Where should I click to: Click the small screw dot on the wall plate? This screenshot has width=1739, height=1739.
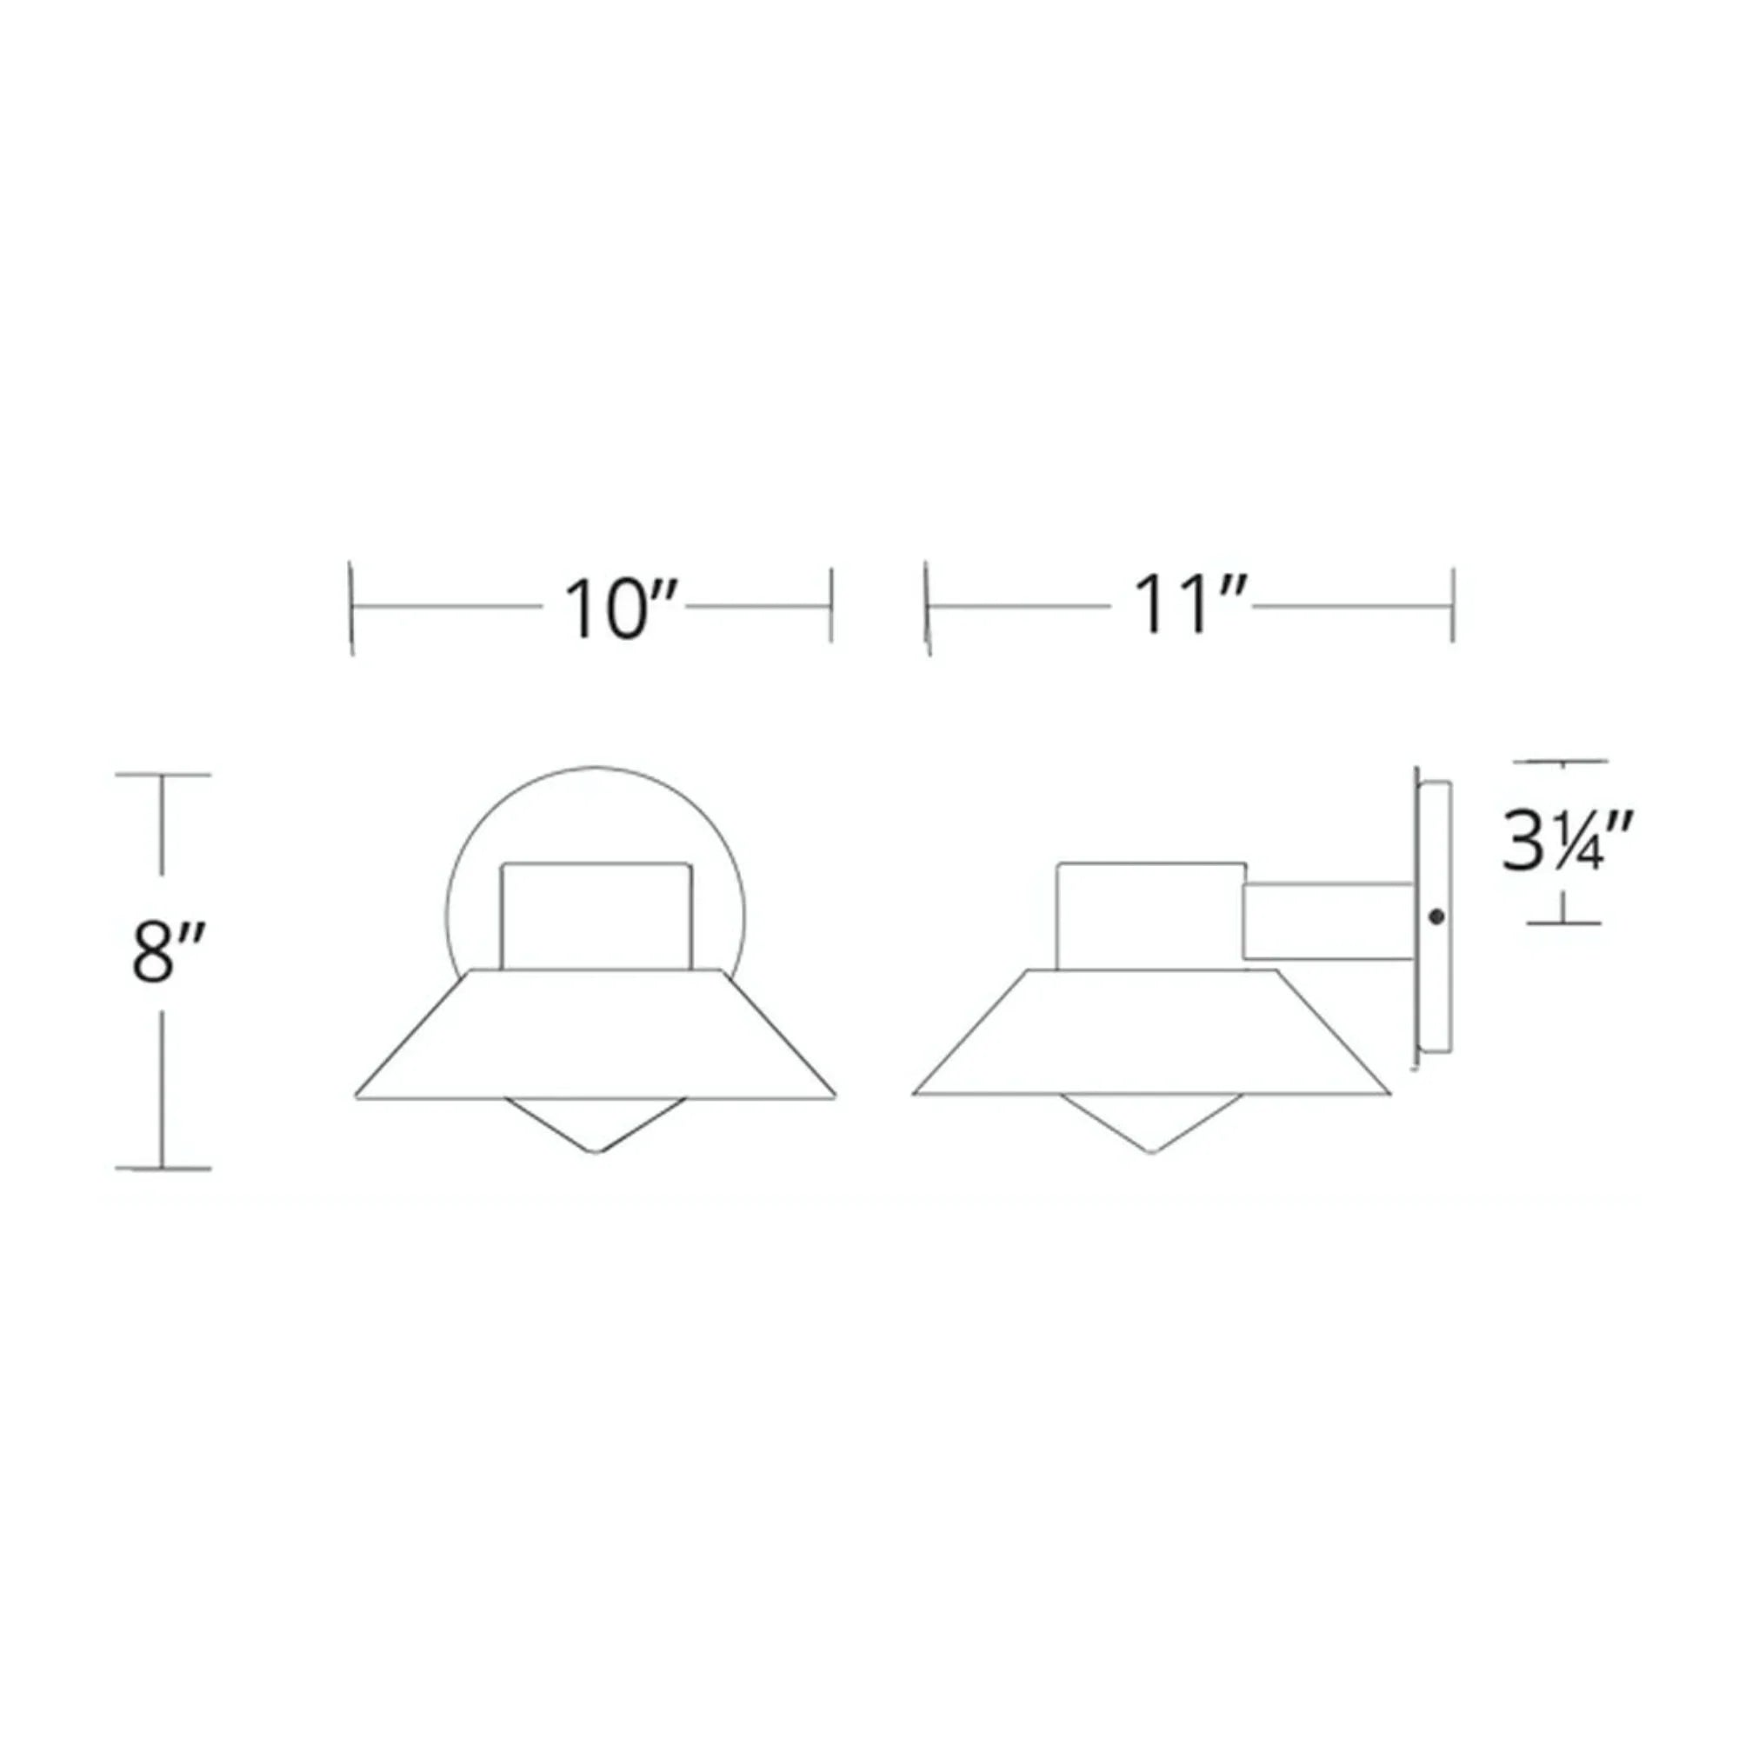(x=1436, y=917)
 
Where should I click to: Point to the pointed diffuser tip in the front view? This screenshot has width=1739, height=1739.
(x=596, y=1150)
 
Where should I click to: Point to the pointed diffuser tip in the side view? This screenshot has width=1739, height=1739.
(x=1151, y=1150)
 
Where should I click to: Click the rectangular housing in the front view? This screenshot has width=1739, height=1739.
(x=596, y=916)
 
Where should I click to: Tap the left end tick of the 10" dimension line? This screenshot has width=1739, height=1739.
(x=352, y=609)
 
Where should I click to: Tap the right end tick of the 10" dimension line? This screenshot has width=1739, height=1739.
(x=830, y=605)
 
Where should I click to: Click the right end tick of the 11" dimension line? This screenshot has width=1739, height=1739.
(x=1453, y=605)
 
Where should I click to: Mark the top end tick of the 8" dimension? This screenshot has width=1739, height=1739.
(x=163, y=773)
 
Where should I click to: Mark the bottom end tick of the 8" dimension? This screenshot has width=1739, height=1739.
(x=163, y=1169)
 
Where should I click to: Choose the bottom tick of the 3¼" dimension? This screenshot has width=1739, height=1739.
(x=1563, y=923)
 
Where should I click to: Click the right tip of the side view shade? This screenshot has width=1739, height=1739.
(x=1389, y=1094)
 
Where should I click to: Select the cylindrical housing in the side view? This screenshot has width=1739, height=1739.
(x=1150, y=916)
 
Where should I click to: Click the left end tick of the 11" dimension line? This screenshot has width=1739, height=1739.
(x=927, y=609)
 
